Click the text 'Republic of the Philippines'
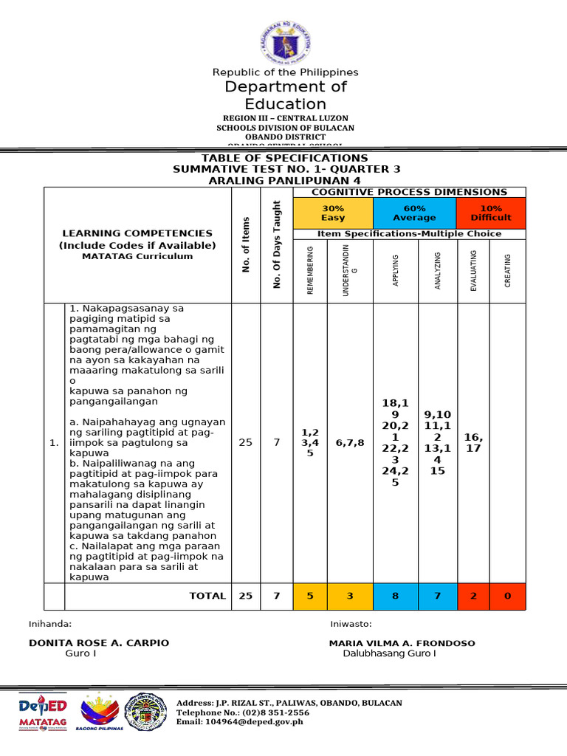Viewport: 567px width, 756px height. (285, 72)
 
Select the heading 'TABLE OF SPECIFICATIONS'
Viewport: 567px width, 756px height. (285, 158)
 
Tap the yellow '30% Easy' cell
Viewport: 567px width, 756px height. (332, 213)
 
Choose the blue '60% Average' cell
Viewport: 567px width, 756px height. (414, 213)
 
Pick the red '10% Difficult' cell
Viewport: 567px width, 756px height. (491, 213)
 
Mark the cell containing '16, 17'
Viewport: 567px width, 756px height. (473, 443)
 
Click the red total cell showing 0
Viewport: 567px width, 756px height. (507, 596)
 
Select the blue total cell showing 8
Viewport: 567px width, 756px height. (396, 596)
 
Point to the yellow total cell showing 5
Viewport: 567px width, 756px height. (310, 596)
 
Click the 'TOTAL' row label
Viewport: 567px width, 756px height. (207, 596)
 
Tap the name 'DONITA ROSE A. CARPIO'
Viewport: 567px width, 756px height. (99, 643)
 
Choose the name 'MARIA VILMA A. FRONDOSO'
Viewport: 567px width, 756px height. (402, 643)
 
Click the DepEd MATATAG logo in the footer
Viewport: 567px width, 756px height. (43, 712)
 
